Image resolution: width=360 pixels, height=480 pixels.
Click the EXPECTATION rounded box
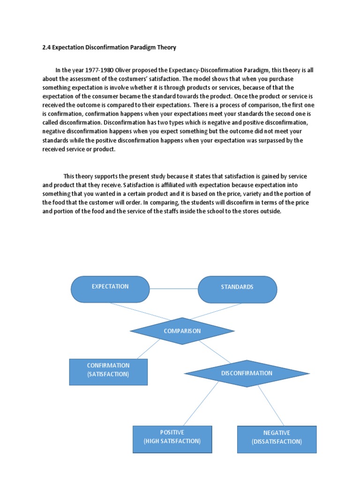pyautogui.click(x=110, y=289)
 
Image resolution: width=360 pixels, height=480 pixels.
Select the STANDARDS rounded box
pyautogui.click(x=237, y=289)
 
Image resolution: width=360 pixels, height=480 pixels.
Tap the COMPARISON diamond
pyautogui.click(x=182, y=331)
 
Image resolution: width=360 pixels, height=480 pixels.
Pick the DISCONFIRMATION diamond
pyautogui.click(x=247, y=374)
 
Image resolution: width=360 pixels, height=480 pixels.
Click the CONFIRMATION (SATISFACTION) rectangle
pyautogui.click(x=108, y=372)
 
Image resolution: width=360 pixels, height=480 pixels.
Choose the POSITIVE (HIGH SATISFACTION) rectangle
pyautogui.click(x=172, y=439)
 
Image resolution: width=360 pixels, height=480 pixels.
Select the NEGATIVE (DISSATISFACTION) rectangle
pyautogui.click(x=277, y=440)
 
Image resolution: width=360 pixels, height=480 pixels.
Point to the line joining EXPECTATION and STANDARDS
pyautogui.click(x=174, y=289)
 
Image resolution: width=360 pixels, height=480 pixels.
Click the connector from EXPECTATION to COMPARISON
pyautogui.click(x=141, y=311)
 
